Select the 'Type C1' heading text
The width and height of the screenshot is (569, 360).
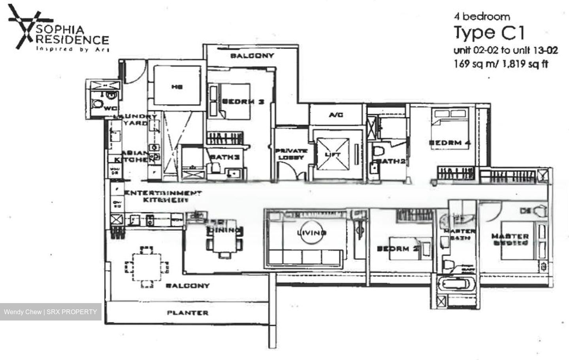[x=489, y=33]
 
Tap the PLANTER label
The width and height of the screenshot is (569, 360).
[x=187, y=313]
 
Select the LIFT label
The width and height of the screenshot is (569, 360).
[x=332, y=155]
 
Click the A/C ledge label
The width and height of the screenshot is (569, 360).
[x=336, y=115]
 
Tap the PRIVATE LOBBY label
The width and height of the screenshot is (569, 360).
[x=291, y=154]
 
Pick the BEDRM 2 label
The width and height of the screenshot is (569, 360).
[x=392, y=249]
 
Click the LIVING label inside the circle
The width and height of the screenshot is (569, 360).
[x=312, y=233]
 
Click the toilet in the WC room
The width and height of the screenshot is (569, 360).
[x=97, y=105]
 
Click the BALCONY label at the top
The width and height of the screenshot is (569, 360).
[x=252, y=56]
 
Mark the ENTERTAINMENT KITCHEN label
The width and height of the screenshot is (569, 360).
[x=163, y=196]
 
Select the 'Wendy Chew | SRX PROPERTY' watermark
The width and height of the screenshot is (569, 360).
[x=50, y=312]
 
